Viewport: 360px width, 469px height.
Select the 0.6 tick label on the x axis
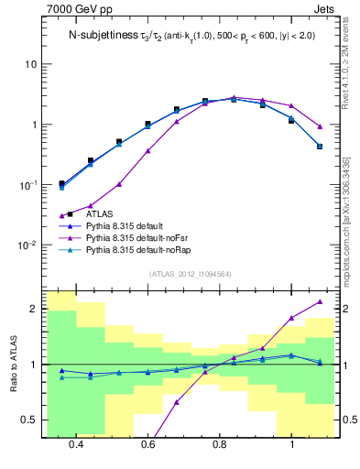point(148,444)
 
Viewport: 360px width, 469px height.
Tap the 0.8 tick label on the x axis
point(220,444)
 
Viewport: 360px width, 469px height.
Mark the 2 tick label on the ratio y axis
point(34,309)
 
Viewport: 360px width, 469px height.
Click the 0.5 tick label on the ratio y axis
point(30,420)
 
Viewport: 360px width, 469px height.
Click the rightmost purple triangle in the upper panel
point(320,126)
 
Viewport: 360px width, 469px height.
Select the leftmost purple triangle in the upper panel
point(61,216)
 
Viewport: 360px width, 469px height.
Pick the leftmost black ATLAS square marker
point(61,183)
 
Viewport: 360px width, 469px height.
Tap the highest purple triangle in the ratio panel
point(320,301)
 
